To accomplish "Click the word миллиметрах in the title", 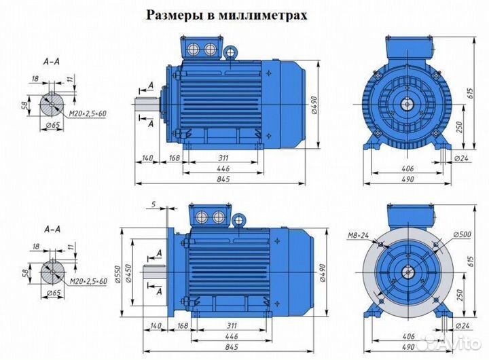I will [x=264, y=16].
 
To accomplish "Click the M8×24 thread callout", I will [x=357, y=236].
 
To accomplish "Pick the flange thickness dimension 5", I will [x=154, y=204].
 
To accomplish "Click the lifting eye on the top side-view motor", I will [x=231, y=50].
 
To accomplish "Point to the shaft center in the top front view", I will [x=408, y=104].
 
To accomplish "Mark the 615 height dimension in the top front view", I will [x=468, y=95].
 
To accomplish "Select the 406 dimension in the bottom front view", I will [x=407, y=336].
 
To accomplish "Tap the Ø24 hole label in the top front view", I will [x=464, y=159].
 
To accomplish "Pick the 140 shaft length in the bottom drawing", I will [x=156, y=325].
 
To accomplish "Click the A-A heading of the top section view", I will [x=52, y=61].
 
